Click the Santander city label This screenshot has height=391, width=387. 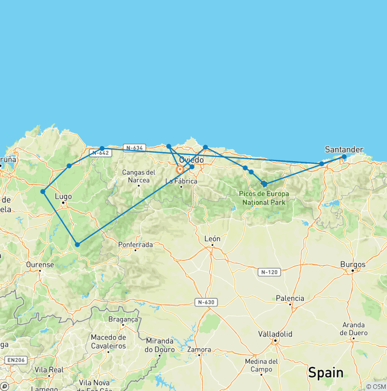[344, 149]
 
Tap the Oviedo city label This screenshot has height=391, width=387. [191, 160]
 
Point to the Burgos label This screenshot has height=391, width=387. [353, 264]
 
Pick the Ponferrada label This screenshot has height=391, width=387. [135, 244]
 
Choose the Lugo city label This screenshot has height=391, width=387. [63, 197]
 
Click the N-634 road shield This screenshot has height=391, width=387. [135, 148]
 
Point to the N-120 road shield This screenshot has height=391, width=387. [269, 272]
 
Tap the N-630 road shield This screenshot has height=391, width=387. [206, 302]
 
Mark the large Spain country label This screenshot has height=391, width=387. [326, 373]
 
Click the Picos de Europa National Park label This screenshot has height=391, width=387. [264, 198]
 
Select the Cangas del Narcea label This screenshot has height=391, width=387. [139, 176]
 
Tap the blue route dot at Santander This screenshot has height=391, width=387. [344, 157]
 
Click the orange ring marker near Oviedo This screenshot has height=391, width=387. [180, 169]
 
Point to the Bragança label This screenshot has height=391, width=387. [123, 319]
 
